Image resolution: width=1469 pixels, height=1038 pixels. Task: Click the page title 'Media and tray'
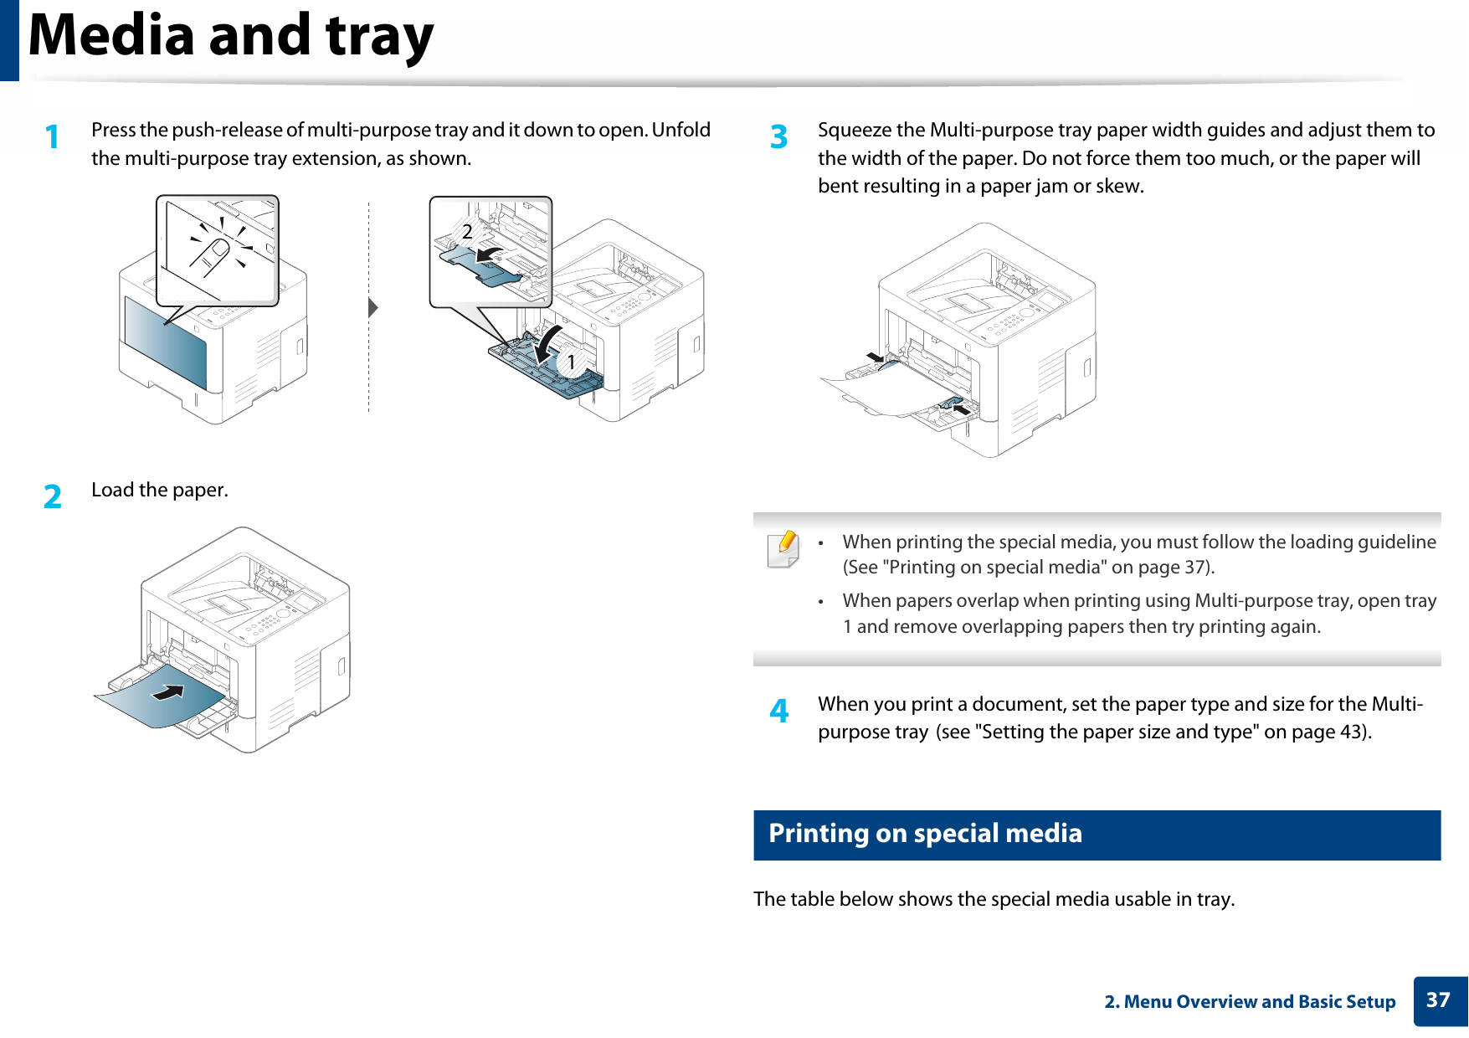(x=231, y=37)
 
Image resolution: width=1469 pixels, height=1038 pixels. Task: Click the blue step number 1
(x=53, y=136)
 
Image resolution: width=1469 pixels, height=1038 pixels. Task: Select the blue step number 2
(x=53, y=496)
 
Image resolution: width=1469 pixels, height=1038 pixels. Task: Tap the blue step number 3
(x=778, y=136)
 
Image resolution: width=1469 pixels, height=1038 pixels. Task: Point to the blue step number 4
(x=778, y=711)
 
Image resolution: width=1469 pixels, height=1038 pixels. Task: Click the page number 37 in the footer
(x=1438, y=1000)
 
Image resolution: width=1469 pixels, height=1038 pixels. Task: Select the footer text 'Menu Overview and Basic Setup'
(x=1259, y=1002)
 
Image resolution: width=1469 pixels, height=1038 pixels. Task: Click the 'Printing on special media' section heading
(x=925, y=834)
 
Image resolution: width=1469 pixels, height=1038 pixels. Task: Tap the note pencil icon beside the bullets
(x=783, y=549)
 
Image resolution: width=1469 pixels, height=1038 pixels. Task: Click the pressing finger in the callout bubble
(x=213, y=254)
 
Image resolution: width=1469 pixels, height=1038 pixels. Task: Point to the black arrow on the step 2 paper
(x=169, y=692)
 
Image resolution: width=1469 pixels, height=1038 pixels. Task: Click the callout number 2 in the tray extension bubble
(x=467, y=231)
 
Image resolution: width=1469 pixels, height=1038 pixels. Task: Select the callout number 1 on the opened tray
(x=572, y=362)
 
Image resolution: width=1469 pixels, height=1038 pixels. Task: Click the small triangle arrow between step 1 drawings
(x=373, y=307)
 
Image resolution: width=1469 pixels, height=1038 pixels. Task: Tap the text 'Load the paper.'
(x=159, y=490)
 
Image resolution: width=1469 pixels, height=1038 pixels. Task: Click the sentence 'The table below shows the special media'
(x=994, y=899)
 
